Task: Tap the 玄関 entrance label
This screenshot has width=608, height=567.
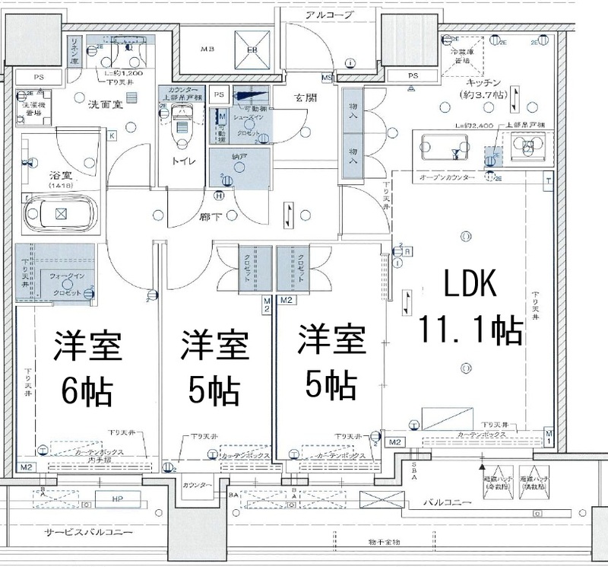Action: point(308,97)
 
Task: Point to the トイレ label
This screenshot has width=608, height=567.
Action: point(185,161)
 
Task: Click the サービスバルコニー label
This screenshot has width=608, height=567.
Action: point(88,532)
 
